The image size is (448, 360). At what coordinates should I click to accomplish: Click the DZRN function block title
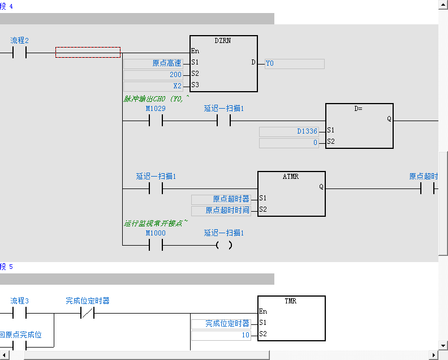coord(223,41)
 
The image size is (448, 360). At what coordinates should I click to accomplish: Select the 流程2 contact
coord(19,53)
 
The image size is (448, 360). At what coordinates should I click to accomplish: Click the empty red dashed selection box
coord(88,53)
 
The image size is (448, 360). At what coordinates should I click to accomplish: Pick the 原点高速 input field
coord(153,63)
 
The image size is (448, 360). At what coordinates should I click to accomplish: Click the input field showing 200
coord(153,75)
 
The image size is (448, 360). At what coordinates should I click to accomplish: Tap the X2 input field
coord(153,86)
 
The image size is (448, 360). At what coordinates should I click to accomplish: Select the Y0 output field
coord(294,63)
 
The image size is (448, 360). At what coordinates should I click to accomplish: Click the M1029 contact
coord(156,121)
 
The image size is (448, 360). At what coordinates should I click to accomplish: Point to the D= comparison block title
coord(359,108)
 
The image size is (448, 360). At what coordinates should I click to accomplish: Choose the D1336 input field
coord(289,131)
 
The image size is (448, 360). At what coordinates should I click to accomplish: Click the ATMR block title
coord(291,177)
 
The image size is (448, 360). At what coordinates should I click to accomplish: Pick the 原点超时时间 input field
coord(221,211)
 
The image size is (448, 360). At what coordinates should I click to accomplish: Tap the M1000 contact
coord(156,245)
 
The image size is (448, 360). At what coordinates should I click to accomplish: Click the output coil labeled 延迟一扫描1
coord(224,245)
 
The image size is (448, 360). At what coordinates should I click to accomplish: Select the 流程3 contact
coord(19,313)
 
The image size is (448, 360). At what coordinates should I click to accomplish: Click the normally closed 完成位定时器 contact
coord(88,313)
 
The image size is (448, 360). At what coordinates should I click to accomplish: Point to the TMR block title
coord(291,301)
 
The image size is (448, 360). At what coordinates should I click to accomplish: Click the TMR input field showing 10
coord(221,335)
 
